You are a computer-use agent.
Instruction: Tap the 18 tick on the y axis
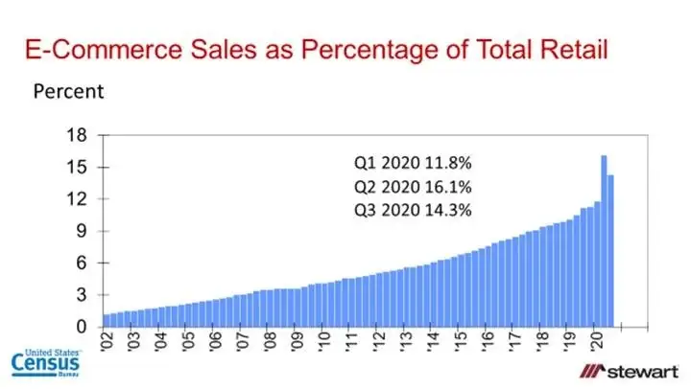(x=80, y=135)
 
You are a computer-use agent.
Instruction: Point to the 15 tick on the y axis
(x=80, y=167)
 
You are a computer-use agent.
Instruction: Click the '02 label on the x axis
(x=107, y=343)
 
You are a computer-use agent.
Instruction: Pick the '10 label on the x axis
(x=324, y=343)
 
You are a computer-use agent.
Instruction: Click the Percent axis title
(x=68, y=92)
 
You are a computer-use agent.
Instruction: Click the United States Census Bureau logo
(x=45, y=365)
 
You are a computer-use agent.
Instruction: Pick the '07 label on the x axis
(x=243, y=343)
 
